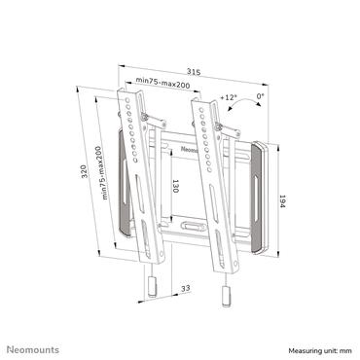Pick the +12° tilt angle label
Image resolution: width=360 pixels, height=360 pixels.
pyautogui.click(x=229, y=98)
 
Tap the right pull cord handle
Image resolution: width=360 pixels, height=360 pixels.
pyautogui.click(x=227, y=293)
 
